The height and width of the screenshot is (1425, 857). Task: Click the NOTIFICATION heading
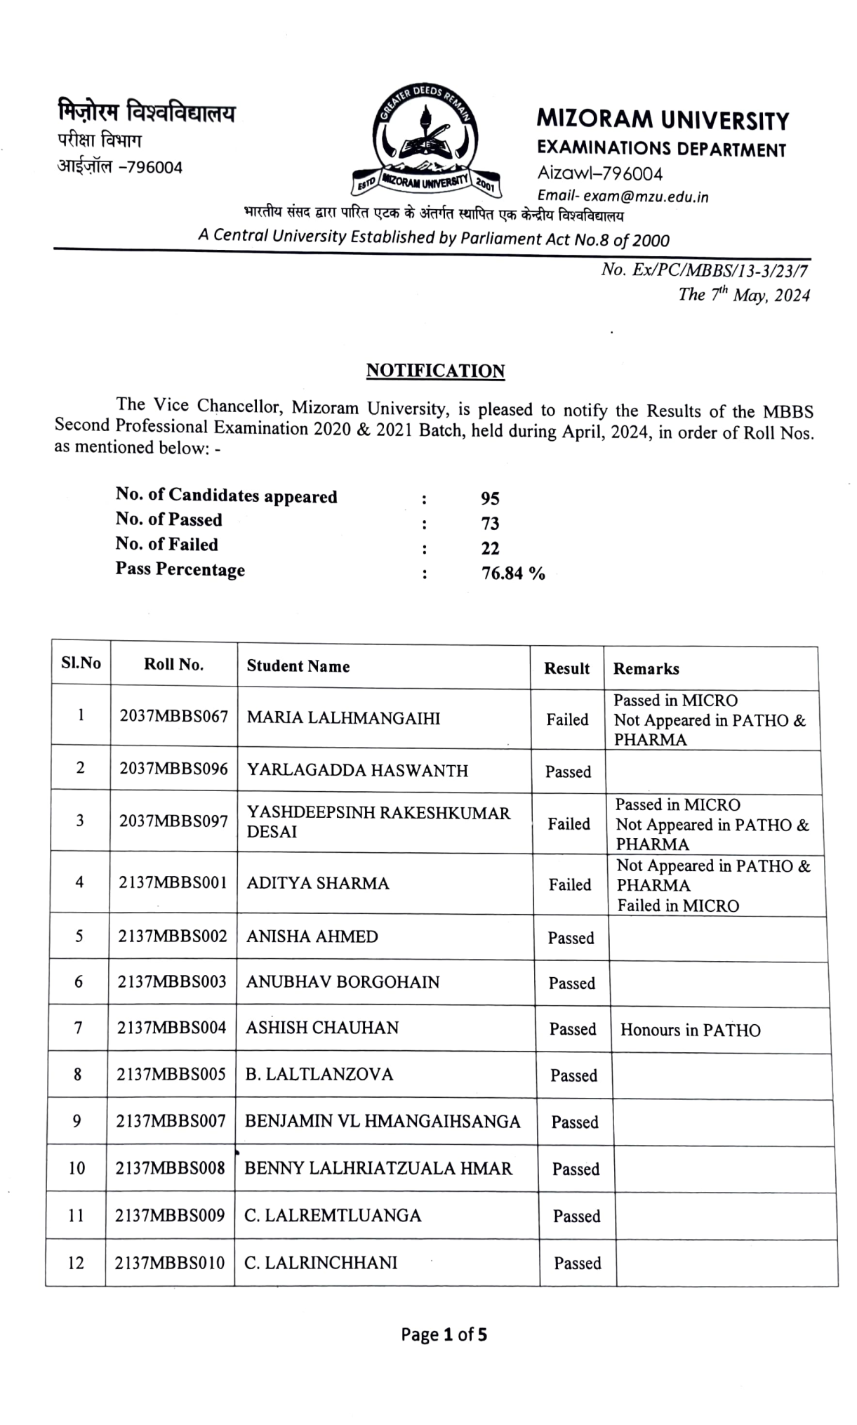435,371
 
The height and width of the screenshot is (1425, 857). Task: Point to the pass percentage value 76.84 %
512,574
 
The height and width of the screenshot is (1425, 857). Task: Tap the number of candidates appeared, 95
490,498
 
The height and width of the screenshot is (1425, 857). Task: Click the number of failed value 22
490,548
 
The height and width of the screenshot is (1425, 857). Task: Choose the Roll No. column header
173,665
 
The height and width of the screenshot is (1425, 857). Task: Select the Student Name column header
298,666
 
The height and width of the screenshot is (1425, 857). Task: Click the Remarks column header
646,669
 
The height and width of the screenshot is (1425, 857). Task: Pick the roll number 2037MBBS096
173,769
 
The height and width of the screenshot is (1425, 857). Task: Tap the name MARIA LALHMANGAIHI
343,718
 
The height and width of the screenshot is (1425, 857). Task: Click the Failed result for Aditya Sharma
569,884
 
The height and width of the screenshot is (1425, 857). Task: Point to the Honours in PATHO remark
690,1030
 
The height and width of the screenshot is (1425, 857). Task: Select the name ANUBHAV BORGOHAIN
343,982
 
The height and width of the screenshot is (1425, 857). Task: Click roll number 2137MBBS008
170,1168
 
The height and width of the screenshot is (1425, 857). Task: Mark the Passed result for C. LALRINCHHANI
577,1264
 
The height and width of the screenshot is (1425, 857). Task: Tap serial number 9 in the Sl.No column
77,1121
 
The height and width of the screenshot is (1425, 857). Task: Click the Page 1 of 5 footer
444,1334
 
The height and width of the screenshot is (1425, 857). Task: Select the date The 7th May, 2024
743,295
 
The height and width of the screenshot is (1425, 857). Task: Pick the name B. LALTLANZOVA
319,1074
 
